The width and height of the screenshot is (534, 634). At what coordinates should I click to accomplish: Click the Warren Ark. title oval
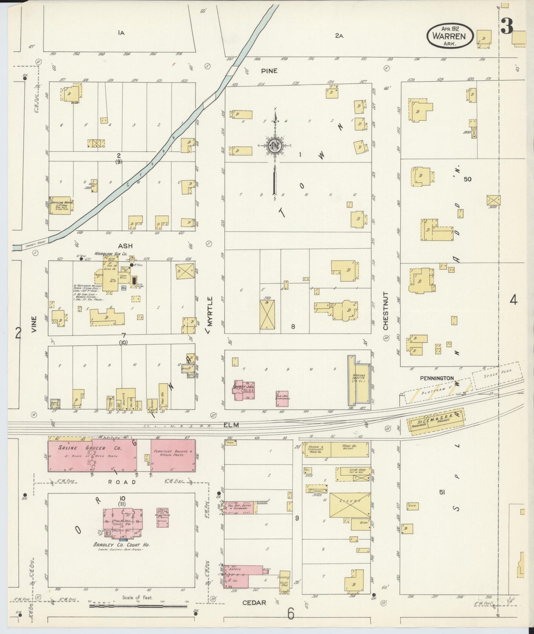click(450, 36)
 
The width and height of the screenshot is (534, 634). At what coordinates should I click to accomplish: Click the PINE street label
click(269, 71)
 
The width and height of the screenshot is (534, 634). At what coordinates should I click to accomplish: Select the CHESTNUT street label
click(385, 311)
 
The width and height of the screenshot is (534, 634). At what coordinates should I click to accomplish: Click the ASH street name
click(125, 246)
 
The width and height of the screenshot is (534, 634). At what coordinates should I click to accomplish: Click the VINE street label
click(34, 324)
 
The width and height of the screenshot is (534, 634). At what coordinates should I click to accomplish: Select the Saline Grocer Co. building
click(92, 455)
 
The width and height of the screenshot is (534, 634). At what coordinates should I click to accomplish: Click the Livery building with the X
click(350, 505)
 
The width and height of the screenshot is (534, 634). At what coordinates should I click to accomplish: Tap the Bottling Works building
click(60, 205)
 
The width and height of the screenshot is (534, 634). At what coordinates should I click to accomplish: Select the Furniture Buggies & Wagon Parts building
click(173, 455)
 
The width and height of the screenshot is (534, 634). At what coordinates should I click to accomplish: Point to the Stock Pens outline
click(497, 375)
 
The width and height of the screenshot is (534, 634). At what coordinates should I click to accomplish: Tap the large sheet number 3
click(507, 26)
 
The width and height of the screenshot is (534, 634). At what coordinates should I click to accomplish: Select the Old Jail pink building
click(282, 398)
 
